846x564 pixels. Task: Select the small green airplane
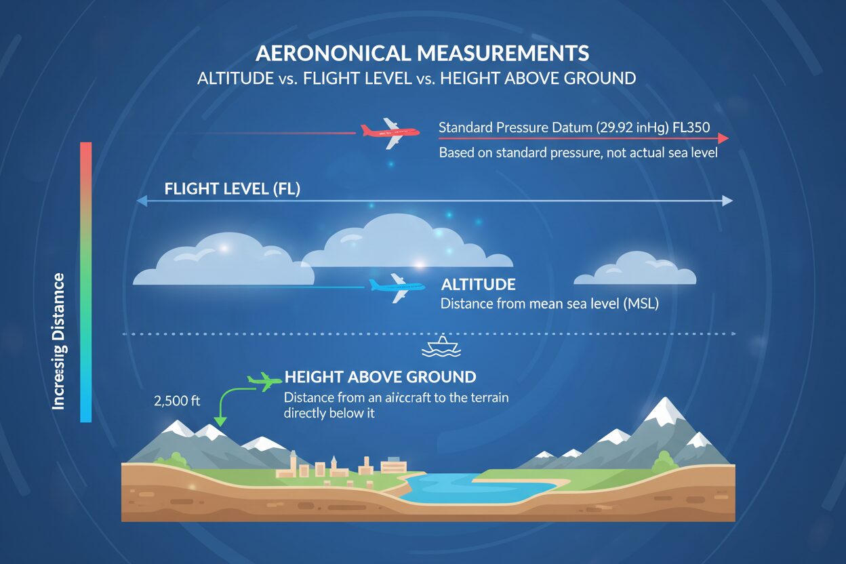[x=264, y=382]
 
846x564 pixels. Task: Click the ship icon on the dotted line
[x=441, y=345]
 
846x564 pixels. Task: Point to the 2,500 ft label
[x=178, y=401]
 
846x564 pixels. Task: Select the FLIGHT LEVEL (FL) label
[x=232, y=189]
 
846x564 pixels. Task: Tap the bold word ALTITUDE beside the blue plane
[x=478, y=285]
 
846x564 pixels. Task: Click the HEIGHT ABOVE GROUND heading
[x=380, y=377]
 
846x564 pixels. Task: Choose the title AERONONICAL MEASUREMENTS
[x=422, y=54]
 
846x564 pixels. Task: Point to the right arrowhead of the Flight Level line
[x=727, y=201]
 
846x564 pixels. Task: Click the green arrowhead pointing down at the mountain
[x=222, y=423]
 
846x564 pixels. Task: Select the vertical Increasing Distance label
[x=59, y=341]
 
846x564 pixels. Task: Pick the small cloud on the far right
[x=634, y=270]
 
